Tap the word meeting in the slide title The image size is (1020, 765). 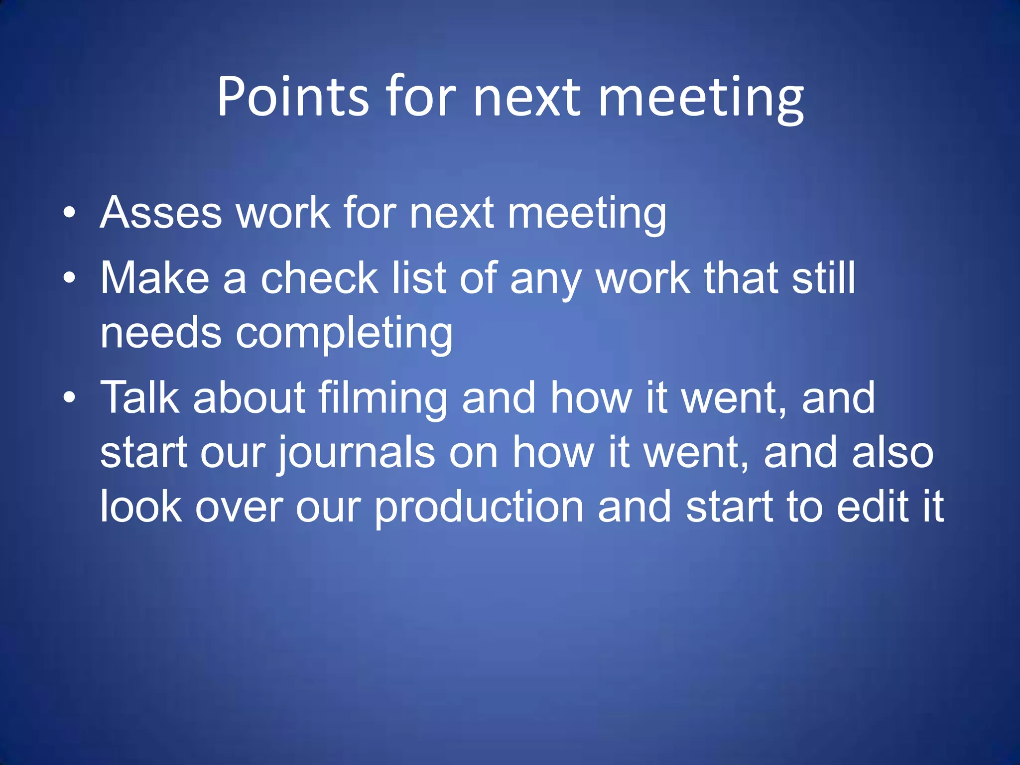(700, 98)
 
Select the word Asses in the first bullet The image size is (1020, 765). (161, 213)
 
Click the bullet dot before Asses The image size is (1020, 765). (70, 214)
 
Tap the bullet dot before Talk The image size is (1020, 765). (70, 397)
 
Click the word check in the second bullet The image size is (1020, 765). (319, 278)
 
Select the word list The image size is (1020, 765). (419, 278)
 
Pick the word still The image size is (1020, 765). (823, 278)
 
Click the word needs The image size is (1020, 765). (161, 333)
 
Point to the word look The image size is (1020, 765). (141, 506)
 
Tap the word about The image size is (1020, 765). (249, 397)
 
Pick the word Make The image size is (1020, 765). (155, 278)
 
